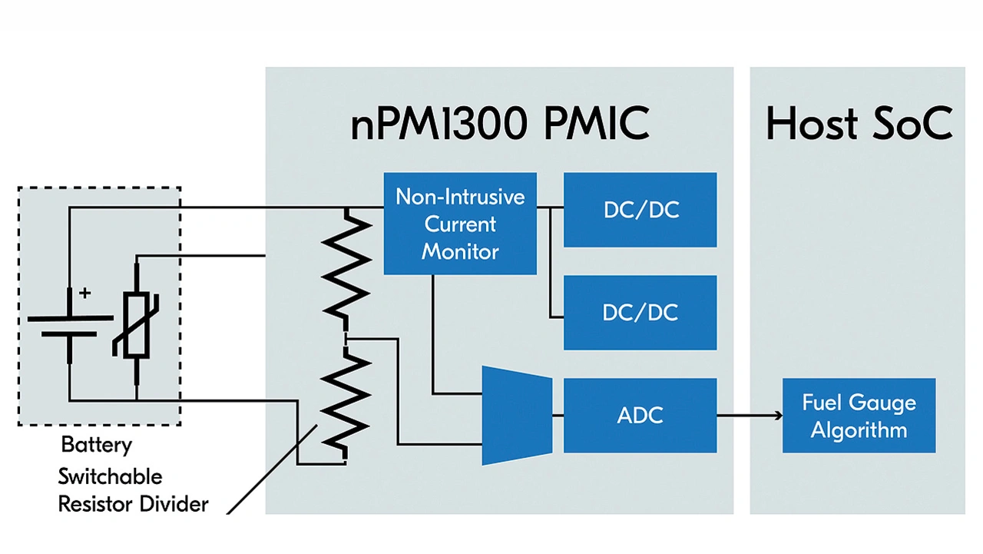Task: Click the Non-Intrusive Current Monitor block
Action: [460, 224]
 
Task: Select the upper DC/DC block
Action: [640, 210]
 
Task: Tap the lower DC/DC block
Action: [640, 313]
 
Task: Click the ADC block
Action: [640, 415]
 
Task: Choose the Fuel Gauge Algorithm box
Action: [859, 416]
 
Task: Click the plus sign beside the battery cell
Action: [84, 293]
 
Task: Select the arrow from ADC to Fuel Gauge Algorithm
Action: [750, 416]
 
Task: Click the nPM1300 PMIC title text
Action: [500, 124]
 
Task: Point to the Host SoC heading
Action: [859, 124]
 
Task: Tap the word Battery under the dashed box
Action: [97, 445]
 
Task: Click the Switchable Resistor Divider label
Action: [132, 490]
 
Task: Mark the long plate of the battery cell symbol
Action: [70, 317]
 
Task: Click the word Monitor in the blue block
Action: [460, 251]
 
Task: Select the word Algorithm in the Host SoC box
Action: [859, 430]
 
